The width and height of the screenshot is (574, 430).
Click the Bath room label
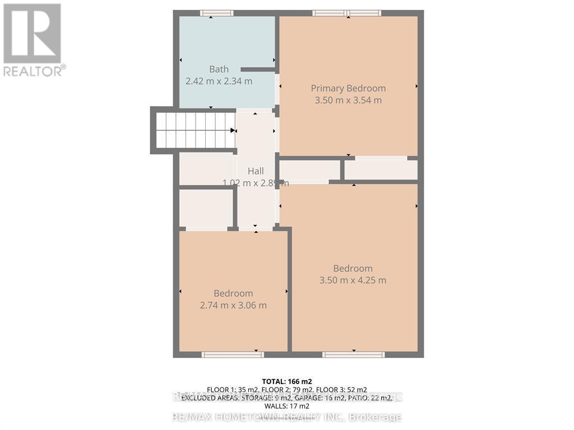(x=219, y=69)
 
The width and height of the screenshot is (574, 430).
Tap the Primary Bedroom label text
(x=348, y=88)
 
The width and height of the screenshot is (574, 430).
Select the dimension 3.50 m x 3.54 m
(x=348, y=100)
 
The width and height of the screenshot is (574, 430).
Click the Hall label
(x=256, y=171)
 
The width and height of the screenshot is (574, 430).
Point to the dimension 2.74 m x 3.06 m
(x=233, y=305)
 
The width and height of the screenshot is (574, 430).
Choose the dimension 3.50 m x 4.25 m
(x=353, y=281)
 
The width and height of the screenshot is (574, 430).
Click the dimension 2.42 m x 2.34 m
(x=219, y=81)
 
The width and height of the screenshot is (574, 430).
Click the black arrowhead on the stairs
(x=233, y=130)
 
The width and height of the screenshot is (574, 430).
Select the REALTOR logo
(x=32, y=39)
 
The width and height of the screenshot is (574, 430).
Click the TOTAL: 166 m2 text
(x=286, y=381)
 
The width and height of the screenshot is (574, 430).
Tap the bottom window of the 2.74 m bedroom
(x=232, y=354)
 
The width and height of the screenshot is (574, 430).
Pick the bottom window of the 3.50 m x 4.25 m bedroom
(x=353, y=354)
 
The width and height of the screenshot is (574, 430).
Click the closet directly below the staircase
(x=206, y=169)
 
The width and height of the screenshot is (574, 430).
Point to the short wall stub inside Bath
(x=258, y=69)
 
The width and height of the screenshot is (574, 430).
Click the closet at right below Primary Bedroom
(x=381, y=170)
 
